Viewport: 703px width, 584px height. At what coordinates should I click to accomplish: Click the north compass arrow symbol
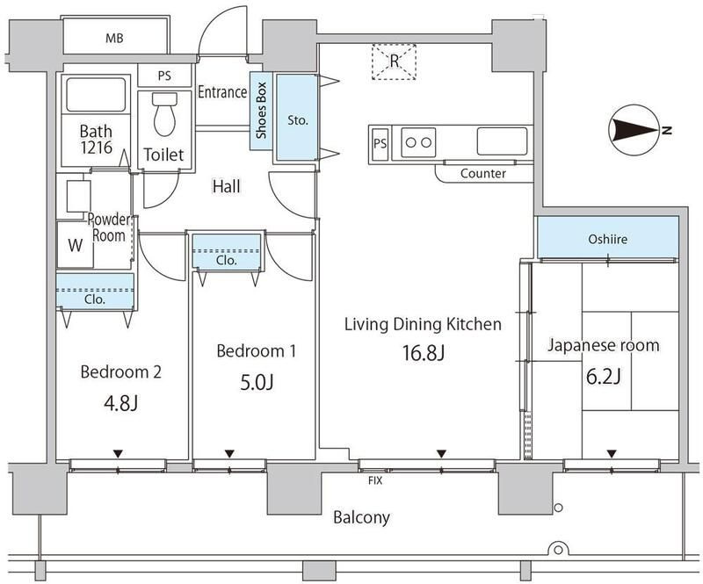[634, 131]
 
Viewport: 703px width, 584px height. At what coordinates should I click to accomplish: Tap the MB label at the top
[114, 39]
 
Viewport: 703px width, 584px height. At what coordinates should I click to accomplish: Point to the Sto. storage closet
[297, 119]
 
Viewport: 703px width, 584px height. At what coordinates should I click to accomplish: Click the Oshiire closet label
[607, 238]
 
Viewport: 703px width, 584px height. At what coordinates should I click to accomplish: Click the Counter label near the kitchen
[483, 174]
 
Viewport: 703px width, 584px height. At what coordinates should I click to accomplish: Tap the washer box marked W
[75, 245]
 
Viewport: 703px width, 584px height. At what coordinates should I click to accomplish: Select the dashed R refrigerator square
[395, 61]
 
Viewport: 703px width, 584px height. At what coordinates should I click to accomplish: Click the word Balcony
[361, 517]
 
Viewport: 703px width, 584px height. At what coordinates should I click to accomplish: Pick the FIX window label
[374, 480]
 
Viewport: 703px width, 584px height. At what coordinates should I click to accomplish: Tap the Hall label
[226, 186]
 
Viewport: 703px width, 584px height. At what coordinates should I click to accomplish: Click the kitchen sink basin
[503, 140]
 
